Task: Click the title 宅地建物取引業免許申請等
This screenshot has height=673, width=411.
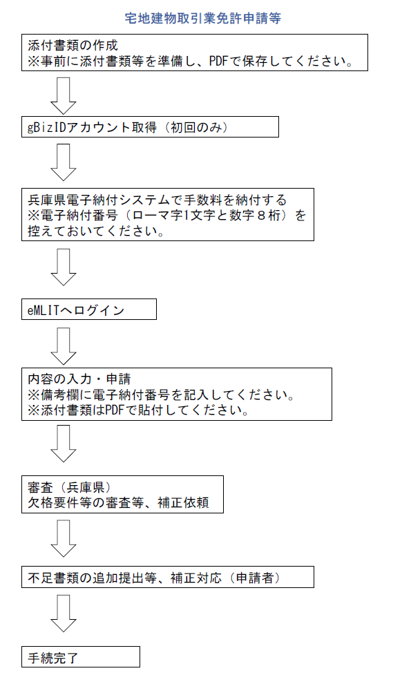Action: tap(202, 18)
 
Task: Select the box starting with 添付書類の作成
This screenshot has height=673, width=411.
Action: tap(195, 53)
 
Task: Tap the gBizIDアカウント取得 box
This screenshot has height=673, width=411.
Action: tap(150, 126)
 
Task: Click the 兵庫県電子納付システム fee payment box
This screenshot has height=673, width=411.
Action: tap(168, 214)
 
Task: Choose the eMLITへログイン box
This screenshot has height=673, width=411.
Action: tap(89, 310)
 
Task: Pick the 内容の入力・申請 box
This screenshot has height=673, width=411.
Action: tap(177, 394)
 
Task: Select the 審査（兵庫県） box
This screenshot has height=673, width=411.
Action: tap(122, 494)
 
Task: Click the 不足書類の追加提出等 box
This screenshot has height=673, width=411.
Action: tap(168, 577)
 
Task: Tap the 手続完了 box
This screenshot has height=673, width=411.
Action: tap(81, 656)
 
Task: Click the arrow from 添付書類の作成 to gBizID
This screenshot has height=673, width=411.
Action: tap(64, 96)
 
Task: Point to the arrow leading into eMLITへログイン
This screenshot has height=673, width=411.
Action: tap(64, 267)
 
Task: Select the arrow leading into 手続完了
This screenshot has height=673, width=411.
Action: tap(64, 614)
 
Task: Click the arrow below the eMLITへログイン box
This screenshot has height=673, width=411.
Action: tap(64, 346)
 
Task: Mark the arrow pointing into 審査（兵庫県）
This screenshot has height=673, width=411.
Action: tap(64, 444)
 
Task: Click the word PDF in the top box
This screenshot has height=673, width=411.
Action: tap(218, 61)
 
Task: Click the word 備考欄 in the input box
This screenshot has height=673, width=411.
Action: tap(60, 395)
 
